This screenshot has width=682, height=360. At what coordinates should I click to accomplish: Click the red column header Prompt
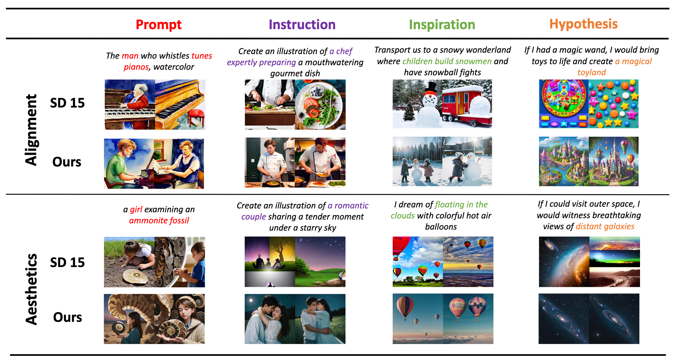159,25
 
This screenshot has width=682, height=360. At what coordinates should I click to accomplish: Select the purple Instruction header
302,25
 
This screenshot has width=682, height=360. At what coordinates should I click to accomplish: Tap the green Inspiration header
442,25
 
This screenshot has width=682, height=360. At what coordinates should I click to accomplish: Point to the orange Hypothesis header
583,24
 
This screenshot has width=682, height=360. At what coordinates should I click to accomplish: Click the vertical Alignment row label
31,130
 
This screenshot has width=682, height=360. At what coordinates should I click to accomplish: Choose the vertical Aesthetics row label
31,289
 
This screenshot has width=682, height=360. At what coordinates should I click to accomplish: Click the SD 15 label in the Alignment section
67,103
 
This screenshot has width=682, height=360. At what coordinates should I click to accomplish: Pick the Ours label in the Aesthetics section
68,317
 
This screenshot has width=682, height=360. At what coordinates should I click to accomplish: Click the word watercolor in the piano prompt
174,67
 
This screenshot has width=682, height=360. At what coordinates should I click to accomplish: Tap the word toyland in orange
592,72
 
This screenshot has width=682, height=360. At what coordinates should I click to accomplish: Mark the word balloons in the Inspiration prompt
441,227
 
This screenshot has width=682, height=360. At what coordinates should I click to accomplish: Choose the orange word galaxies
620,226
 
